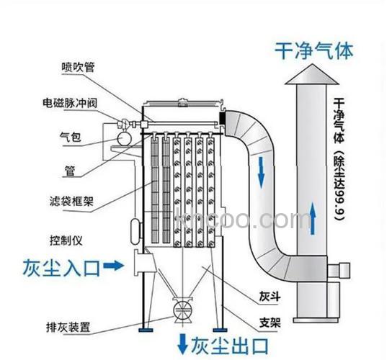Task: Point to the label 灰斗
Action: (268, 296)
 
